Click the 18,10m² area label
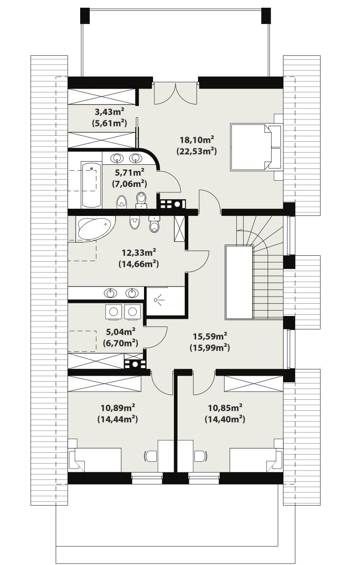point(197,139)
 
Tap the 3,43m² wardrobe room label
point(110,111)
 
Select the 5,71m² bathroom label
point(130,172)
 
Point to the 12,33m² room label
point(139,252)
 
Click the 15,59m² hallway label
point(210,336)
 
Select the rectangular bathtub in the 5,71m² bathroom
point(91,185)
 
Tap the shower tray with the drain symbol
point(167,301)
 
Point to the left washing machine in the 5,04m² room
point(114,312)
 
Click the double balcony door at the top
point(175,93)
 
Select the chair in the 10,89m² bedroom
point(151,456)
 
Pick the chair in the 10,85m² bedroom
point(201,456)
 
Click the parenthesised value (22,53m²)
point(197,151)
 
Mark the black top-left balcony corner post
point(85,16)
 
